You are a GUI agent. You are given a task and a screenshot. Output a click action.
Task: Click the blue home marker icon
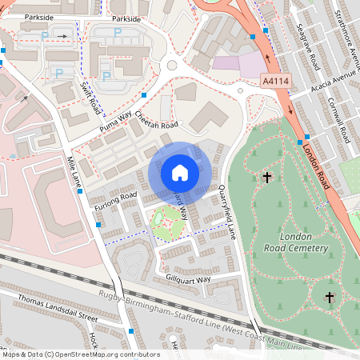180,173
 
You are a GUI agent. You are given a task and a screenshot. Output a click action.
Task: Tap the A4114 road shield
275,82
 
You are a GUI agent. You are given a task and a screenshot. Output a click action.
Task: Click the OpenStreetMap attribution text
82,354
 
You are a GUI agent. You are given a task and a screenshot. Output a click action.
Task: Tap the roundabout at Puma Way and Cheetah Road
171,70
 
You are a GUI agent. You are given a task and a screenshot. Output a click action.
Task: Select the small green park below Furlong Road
168,223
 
